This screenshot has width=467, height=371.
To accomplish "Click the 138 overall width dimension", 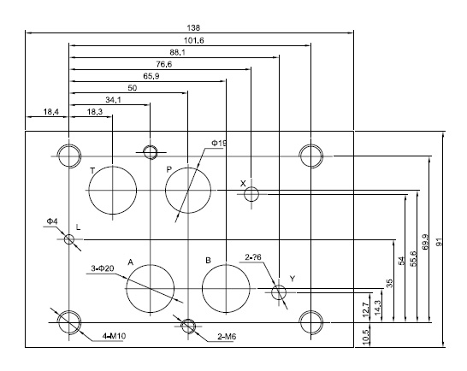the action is click(x=193, y=28).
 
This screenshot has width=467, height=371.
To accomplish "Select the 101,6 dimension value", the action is click(x=193, y=40).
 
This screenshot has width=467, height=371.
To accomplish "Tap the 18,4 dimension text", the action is click(x=51, y=112).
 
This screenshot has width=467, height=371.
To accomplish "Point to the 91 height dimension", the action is click(x=440, y=242).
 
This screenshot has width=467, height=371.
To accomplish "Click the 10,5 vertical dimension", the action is click(x=366, y=335).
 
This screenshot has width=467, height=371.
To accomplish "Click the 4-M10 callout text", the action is click(x=114, y=336).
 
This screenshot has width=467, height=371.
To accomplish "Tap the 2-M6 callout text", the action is click(x=227, y=337).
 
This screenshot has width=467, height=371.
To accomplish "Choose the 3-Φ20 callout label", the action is click(x=102, y=268).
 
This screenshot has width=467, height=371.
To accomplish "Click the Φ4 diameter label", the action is click(x=52, y=221).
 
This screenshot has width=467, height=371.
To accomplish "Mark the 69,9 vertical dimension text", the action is click(x=426, y=242).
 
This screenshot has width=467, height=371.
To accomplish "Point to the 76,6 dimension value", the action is click(x=164, y=64).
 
